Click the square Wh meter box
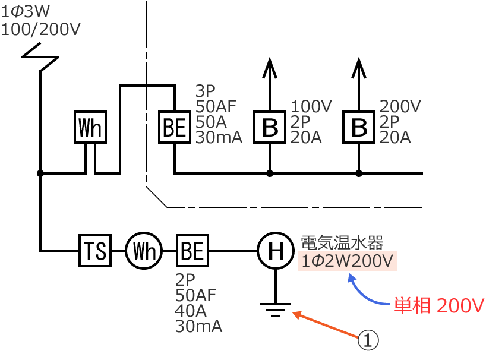click(x=90, y=127)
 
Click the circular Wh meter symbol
click(x=143, y=252)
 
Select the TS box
click(x=96, y=252)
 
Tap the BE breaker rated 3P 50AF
click(x=175, y=127)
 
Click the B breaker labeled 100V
click(x=270, y=127)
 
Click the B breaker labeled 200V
click(x=359, y=127)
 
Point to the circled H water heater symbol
click(x=275, y=252)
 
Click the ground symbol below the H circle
click(x=275, y=310)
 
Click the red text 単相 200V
click(x=439, y=305)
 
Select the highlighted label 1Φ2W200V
click(x=348, y=261)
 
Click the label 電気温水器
click(x=343, y=242)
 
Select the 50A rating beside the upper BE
click(x=209, y=122)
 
